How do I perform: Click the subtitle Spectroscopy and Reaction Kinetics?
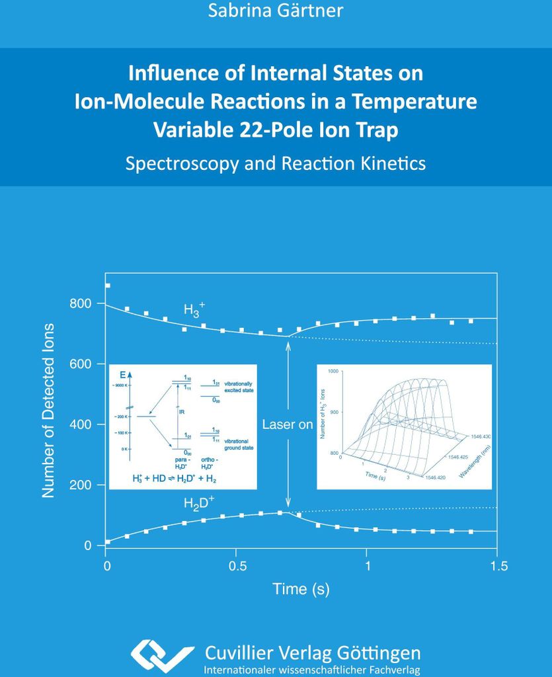click(x=276, y=163)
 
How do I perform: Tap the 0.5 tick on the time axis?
click(x=237, y=566)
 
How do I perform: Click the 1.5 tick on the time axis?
click(x=498, y=566)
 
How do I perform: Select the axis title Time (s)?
click(x=301, y=588)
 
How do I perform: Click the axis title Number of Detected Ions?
click(x=48, y=410)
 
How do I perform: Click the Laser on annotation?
click(x=288, y=424)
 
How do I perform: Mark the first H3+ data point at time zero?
click(x=108, y=286)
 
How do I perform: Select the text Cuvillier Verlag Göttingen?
click(x=313, y=653)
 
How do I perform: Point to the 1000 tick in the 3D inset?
click(x=333, y=372)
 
